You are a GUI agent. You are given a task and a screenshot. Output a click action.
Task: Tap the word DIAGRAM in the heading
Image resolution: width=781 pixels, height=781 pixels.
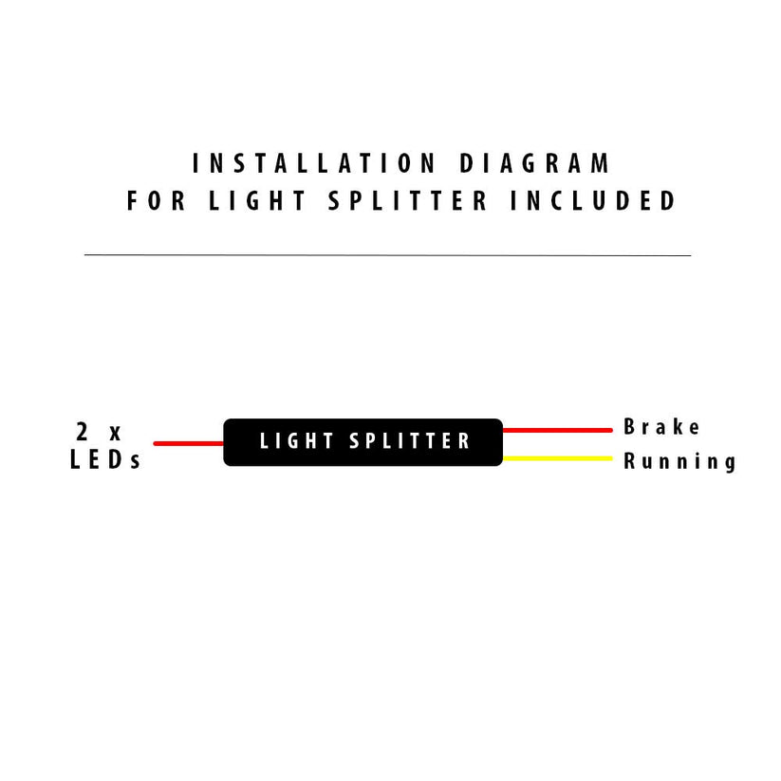[536, 163]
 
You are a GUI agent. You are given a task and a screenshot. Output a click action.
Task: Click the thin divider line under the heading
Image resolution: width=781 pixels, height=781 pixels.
[387, 255]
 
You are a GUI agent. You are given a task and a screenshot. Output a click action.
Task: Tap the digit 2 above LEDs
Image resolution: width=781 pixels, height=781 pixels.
[83, 431]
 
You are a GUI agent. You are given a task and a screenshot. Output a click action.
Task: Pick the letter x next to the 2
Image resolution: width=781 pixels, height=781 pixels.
[116, 433]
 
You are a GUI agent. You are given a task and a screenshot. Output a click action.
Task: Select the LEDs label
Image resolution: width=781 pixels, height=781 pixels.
[105, 461]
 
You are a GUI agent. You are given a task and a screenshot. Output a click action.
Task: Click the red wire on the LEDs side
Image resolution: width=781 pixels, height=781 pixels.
[188, 443]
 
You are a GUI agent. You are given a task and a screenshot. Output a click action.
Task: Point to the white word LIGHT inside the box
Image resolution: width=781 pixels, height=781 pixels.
[297, 441]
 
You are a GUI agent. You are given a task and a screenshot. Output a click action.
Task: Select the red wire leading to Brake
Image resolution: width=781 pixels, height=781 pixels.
[556, 430]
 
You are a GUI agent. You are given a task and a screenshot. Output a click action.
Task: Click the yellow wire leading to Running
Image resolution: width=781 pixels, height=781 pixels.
[556, 459]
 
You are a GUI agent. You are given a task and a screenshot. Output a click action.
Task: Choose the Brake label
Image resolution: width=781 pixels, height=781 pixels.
[661, 427]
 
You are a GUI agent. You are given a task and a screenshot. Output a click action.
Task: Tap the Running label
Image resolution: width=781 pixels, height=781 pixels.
[679, 462]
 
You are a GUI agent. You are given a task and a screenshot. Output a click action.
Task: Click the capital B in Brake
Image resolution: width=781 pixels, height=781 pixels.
[630, 427]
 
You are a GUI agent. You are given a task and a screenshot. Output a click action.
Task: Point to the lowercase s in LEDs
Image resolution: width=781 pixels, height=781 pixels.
[136, 463]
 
